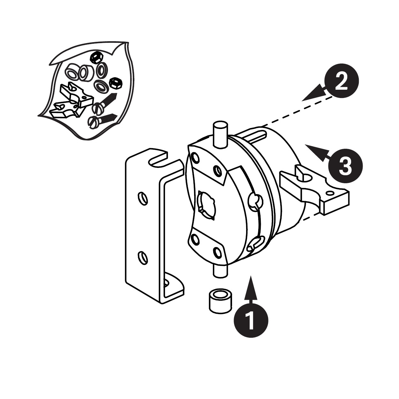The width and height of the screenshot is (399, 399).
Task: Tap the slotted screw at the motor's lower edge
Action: pyautogui.click(x=255, y=244)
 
